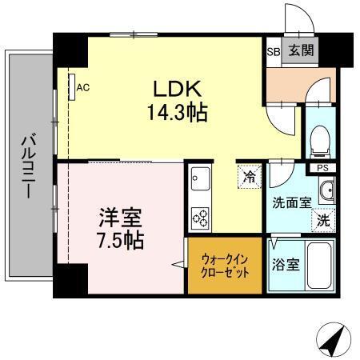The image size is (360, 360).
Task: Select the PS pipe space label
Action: tap(323, 167)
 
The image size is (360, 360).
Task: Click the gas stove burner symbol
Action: tap(200, 216)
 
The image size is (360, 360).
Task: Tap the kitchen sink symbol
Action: tap(199, 178)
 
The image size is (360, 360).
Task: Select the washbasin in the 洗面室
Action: tap(325, 190)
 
